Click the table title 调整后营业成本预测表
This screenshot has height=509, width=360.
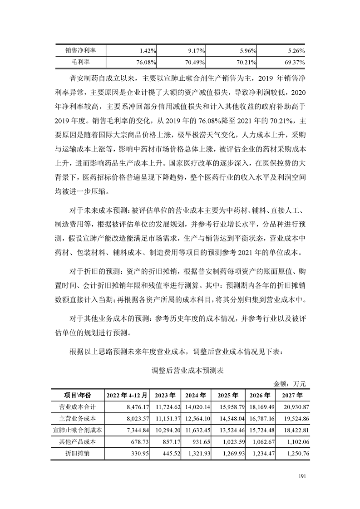tap(188, 370)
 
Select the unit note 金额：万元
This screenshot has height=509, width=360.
tap(291, 384)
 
